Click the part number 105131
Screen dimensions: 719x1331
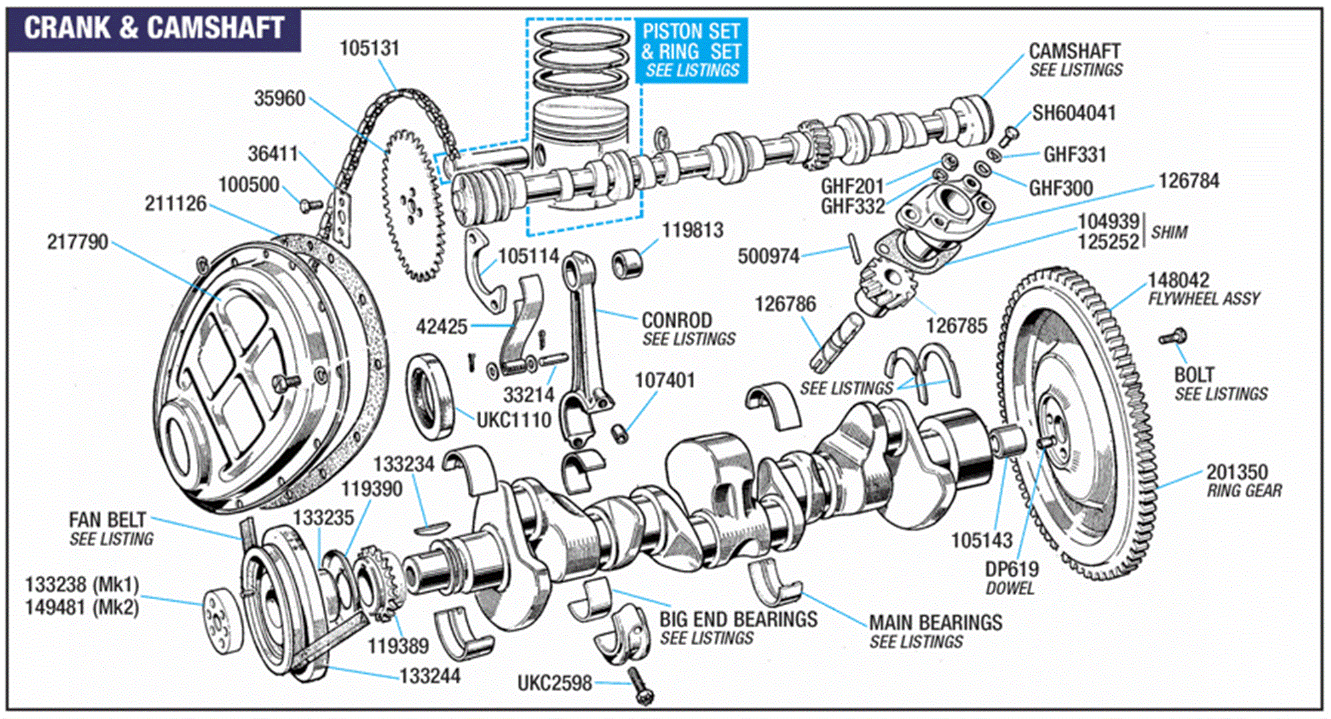click(x=369, y=48)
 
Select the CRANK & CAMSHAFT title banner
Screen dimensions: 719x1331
click(x=154, y=28)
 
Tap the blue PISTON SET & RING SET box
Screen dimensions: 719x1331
click(x=691, y=51)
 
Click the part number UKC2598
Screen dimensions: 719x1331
click(x=554, y=683)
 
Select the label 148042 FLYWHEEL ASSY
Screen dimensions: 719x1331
click(x=1203, y=288)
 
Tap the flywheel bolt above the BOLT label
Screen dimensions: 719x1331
click(x=1173, y=337)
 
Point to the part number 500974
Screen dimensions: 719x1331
click(x=768, y=256)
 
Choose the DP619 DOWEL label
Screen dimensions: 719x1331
click(x=1012, y=577)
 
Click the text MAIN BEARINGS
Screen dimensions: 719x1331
click(x=935, y=622)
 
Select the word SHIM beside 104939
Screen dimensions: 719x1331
click(x=1169, y=232)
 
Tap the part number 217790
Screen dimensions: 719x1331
click(x=77, y=241)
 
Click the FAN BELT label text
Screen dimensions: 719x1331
click(x=108, y=519)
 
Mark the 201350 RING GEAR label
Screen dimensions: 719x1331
click(x=1242, y=480)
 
